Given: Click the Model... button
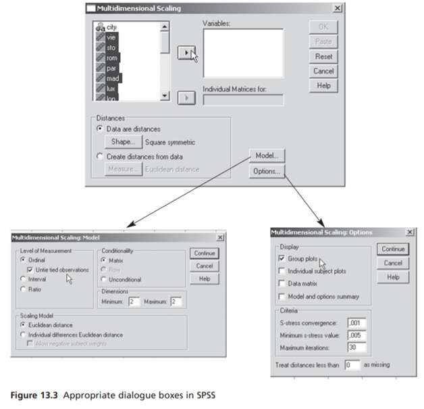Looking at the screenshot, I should click(x=267, y=155).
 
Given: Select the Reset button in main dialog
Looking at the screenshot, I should click(x=323, y=56).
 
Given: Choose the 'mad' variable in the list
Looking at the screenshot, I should click(x=113, y=78).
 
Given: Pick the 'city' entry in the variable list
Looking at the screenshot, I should click(x=111, y=27).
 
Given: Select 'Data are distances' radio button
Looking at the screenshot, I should click(x=101, y=128).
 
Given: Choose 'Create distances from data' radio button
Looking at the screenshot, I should click(x=101, y=156).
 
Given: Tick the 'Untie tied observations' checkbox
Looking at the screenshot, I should click(x=30, y=270).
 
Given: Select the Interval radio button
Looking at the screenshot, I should click(x=22, y=279).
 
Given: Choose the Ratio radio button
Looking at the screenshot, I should click(x=22, y=289).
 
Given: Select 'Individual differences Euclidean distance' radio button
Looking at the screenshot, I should click(x=22, y=335).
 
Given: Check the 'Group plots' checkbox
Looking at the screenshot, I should click(x=282, y=258).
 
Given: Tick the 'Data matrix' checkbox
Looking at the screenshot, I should click(x=282, y=284).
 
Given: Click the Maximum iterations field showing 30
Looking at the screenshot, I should click(x=356, y=347).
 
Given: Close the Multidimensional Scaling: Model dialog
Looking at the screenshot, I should click(x=220, y=238).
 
